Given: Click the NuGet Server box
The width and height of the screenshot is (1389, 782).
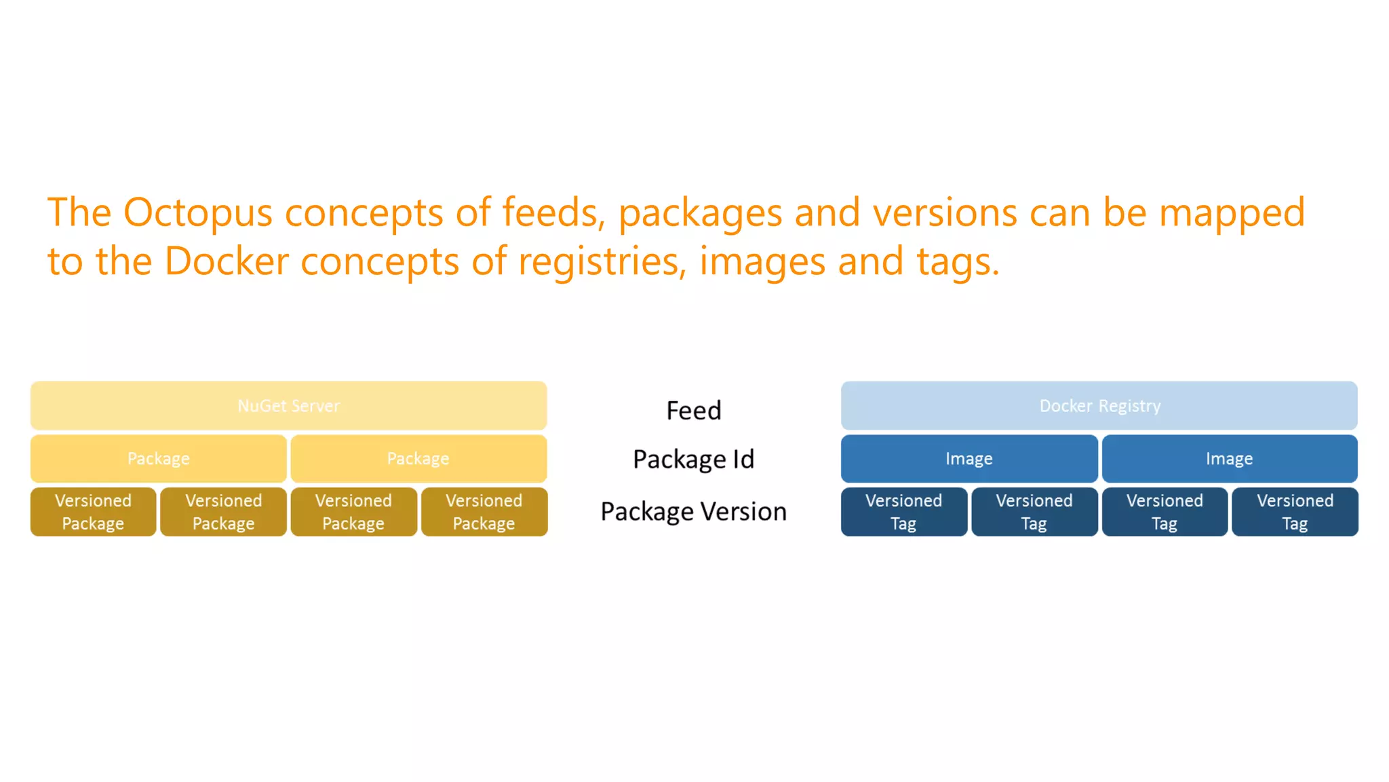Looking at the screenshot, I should (288, 406).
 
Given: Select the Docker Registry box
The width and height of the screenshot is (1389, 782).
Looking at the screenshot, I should (1099, 406).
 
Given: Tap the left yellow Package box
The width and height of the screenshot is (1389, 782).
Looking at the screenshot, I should (158, 459).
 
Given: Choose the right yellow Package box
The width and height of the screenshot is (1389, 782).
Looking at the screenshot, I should (418, 459).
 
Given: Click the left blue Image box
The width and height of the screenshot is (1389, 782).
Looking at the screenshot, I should (969, 459).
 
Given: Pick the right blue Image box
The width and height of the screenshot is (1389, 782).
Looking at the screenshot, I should (1229, 459).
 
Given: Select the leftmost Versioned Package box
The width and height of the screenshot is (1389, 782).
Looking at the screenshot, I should (93, 512).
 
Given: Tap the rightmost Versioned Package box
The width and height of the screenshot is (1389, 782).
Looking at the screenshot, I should (484, 512).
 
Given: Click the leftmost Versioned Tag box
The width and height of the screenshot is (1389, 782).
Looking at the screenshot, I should (903, 512).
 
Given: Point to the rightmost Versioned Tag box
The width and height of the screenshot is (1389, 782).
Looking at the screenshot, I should (1295, 512).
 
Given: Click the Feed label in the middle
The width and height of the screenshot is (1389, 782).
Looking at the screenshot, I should (693, 411).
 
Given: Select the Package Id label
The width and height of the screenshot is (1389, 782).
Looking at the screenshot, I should (693, 460).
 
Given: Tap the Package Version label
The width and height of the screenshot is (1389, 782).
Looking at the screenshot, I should (693, 512).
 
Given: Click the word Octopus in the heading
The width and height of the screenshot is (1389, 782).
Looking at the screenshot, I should (197, 213).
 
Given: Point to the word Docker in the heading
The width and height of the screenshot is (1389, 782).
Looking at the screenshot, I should (227, 261).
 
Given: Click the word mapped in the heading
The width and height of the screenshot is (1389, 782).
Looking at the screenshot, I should (1231, 213).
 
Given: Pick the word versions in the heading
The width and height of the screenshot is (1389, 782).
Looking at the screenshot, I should (945, 213).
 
